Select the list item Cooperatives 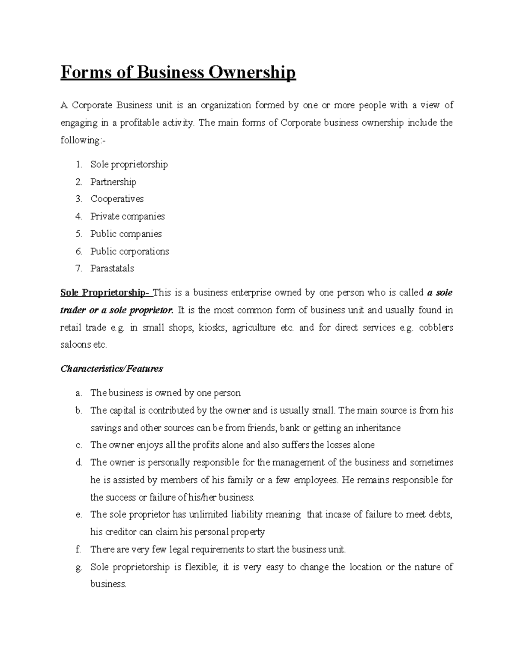coord(117,199)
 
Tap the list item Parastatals coord(112,268)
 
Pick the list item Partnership coord(113,182)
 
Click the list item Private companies coord(127,217)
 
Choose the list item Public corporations coord(129,251)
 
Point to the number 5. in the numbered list coord(78,234)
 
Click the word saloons coord(75,345)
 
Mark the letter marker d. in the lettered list coord(78,462)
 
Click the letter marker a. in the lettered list coord(78,393)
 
